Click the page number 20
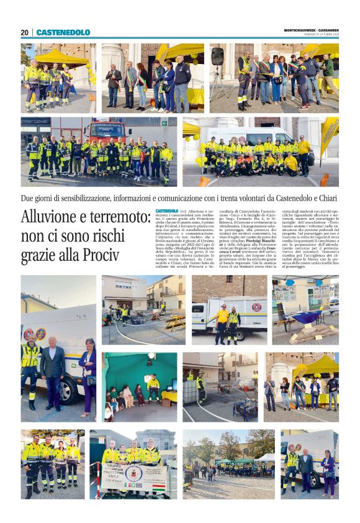click(24, 32)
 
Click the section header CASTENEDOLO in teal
click(63, 32)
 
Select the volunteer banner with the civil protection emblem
click(135, 478)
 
